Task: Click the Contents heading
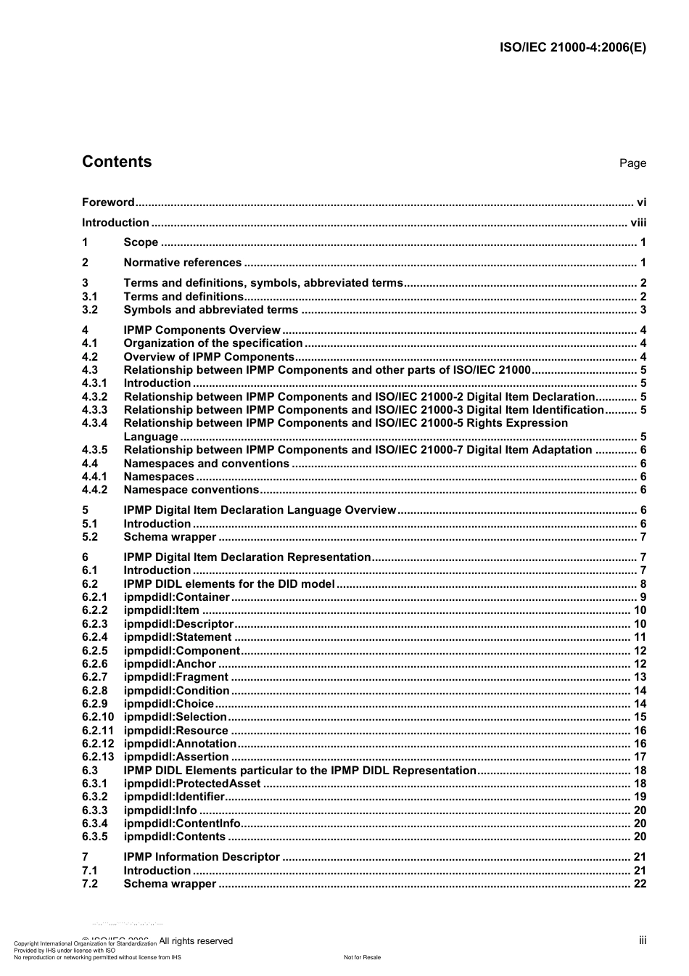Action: coord(117,162)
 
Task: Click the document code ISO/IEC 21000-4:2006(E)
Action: coord(573,48)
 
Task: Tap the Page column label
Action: coord(632,163)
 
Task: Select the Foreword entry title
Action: coord(108,202)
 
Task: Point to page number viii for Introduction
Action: coord(638,223)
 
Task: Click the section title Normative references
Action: coord(183,263)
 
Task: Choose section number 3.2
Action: coord(90,310)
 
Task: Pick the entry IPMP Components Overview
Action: coord(202,330)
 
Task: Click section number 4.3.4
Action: coord(94,423)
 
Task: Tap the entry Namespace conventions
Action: coord(191,490)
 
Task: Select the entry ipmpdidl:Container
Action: coord(176,597)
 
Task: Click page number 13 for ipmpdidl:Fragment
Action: coord(640,677)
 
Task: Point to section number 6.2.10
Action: coord(98,717)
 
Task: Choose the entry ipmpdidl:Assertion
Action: coord(176,757)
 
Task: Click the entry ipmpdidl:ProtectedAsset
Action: coord(192,784)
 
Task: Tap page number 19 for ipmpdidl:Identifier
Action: coord(640,797)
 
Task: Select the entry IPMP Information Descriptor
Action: coord(202,857)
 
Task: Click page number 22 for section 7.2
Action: coord(640,884)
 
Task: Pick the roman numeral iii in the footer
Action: coord(643,940)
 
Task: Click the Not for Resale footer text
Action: coord(362,957)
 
